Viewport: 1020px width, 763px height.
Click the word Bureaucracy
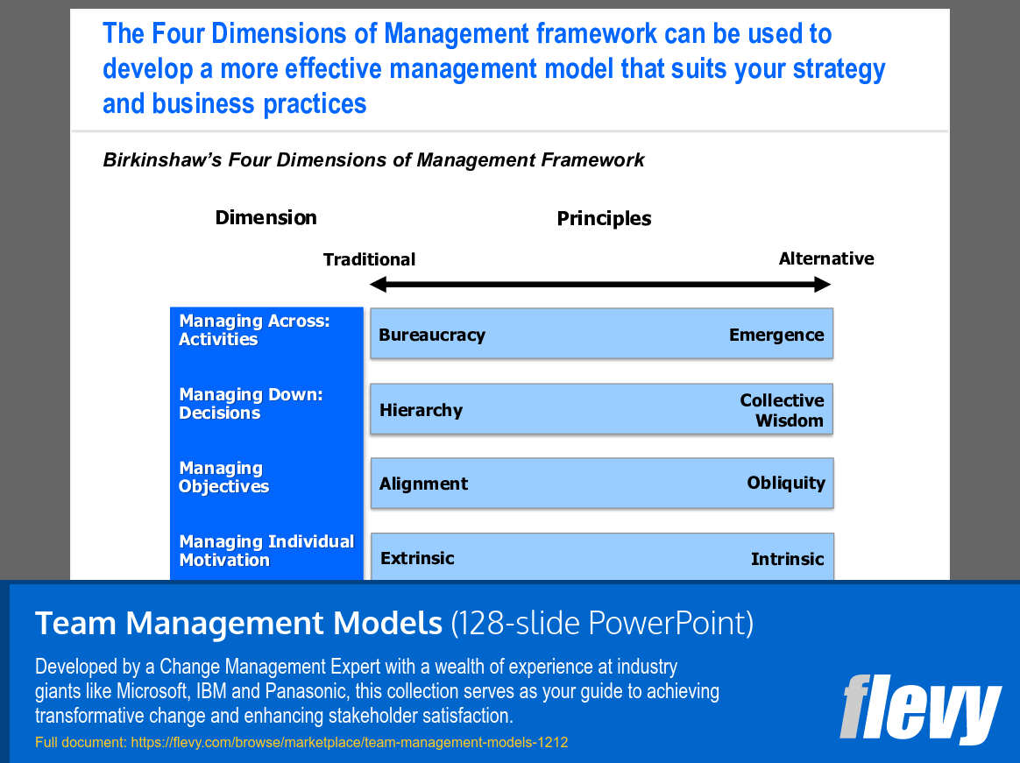tap(432, 335)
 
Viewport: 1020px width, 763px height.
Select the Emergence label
tap(776, 335)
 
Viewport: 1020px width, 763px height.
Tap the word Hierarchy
tap(421, 410)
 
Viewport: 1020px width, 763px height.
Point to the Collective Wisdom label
tap(782, 410)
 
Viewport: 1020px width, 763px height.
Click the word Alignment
tap(423, 484)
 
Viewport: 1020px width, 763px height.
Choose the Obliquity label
tap(786, 483)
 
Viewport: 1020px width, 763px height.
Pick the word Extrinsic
tap(417, 558)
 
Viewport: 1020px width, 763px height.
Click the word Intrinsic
tap(787, 559)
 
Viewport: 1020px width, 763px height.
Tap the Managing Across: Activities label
tap(254, 330)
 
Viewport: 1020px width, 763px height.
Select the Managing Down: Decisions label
tap(251, 404)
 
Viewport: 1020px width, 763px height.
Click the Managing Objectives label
tap(223, 477)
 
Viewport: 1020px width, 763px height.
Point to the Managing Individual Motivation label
tap(266, 551)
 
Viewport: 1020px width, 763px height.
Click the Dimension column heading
tap(266, 217)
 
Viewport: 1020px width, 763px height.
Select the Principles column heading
tap(604, 218)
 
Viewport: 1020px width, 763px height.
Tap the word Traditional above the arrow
tap(369, 259)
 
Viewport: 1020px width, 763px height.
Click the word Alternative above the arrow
tap(826, 258)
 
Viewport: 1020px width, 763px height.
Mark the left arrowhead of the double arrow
tap(378, 285)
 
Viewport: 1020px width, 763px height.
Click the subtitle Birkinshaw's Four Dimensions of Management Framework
tap(373, 160)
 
